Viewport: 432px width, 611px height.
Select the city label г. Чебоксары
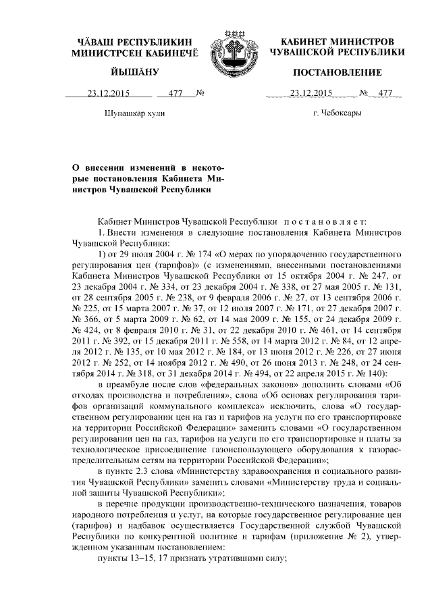[x=337, y=112]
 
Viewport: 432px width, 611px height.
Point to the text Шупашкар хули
[x=136, y=113]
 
